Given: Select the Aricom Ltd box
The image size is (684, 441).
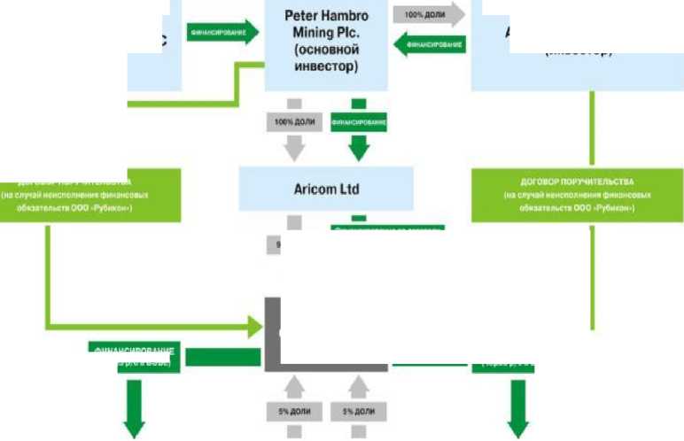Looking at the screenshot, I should [326, 189].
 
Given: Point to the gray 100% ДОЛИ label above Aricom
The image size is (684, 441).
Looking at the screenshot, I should [293, 120].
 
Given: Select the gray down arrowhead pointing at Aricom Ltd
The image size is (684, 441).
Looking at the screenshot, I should [293, 150].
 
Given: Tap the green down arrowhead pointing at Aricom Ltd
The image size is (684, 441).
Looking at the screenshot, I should [358, 149].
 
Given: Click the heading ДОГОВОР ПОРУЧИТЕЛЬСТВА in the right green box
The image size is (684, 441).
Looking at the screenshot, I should [576, 181].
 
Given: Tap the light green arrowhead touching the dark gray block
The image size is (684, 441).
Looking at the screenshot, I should [256, 325].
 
